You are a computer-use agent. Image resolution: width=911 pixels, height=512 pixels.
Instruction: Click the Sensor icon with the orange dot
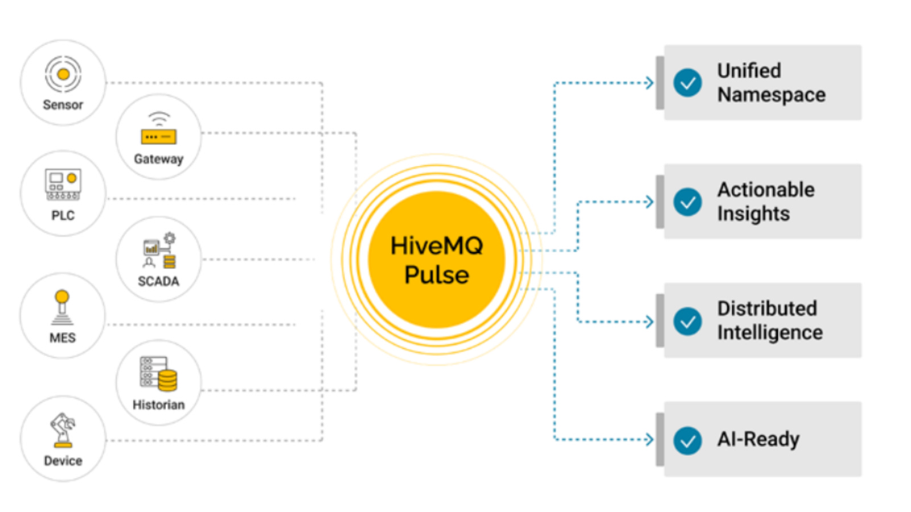[x=63, y=74]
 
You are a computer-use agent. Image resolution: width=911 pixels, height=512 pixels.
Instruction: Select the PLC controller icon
[x=63, y=184]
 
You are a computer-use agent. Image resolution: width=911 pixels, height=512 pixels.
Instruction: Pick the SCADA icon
[x=159, y=251]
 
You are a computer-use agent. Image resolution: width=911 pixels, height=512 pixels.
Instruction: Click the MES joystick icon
[x=62, y=308]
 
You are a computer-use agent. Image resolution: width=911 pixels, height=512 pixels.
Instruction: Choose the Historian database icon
[x=159, y=374]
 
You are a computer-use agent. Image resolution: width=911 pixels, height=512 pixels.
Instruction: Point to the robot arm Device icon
[x=63, y=431]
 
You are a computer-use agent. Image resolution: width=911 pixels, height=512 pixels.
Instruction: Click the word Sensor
[x=63, y=105]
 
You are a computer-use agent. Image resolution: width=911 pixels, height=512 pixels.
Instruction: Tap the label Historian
[x=159, y=405]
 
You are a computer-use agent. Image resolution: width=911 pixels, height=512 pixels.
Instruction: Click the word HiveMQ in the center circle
[x=437, y=246]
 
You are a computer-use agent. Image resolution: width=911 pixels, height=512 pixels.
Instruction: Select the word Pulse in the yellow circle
[x=437, y=275]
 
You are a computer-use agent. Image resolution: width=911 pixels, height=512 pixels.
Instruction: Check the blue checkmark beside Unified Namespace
[x=688, y=83]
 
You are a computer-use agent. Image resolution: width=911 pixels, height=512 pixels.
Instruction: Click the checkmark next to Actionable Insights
[x=688, y=202]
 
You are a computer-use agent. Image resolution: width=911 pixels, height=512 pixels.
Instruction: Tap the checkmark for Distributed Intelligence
[x=688, y=321]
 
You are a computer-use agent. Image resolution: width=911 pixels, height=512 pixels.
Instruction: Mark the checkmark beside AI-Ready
[x=688, y=440]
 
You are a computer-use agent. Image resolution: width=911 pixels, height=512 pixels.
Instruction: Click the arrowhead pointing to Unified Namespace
[x=650, y=83]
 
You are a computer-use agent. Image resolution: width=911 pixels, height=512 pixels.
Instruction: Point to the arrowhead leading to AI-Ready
[x=650, y=440]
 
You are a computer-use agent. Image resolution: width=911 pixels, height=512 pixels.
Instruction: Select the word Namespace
[x=772, y=95]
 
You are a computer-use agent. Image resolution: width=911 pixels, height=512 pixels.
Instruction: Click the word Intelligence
[x=770, y=333]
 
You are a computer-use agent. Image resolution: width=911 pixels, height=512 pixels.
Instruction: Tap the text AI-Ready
[x=758, y=440]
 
